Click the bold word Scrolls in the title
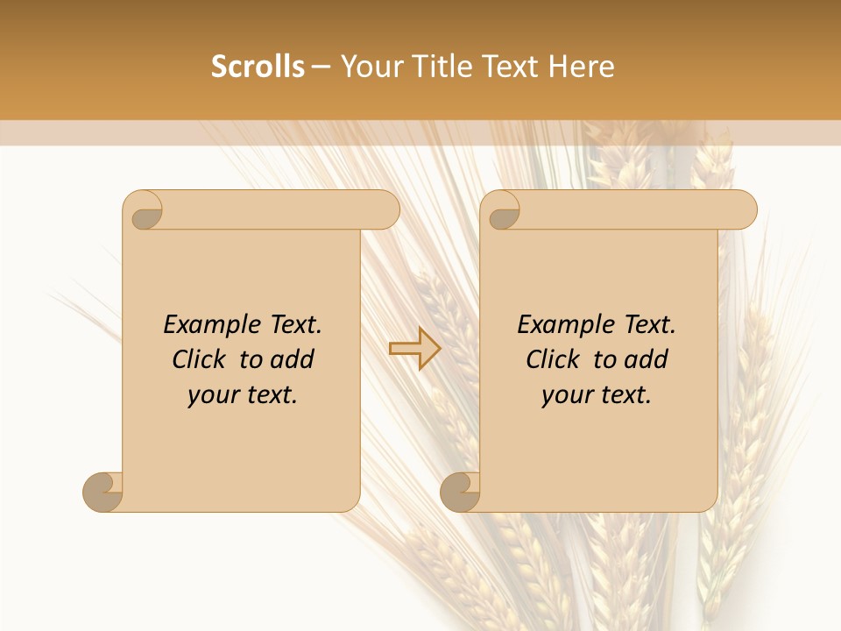[258, 67]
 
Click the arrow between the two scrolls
[414, 349]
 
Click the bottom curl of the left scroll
[103, 492]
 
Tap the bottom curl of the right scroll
[460, 492]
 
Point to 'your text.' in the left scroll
[243, 395]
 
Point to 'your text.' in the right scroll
[597, 395]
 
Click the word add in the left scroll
[293, 360]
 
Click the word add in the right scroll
[647, 360]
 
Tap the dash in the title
[322, 67]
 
